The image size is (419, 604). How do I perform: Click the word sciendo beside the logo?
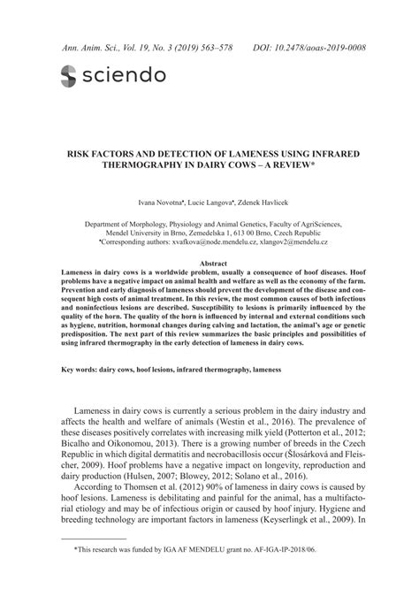tap(123, 76)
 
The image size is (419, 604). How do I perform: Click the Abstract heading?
tap(209, 264)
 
